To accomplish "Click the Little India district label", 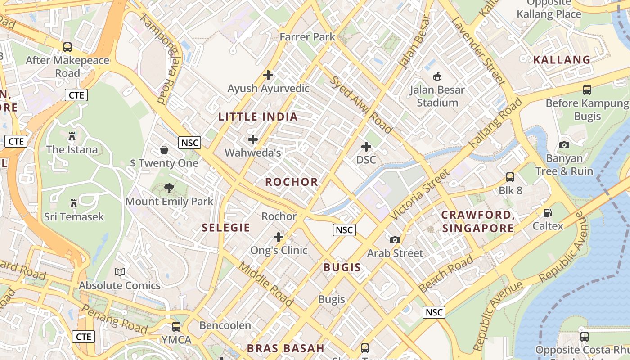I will coord(258,117).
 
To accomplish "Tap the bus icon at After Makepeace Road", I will coord(67,47).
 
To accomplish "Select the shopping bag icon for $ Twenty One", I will coord(164,149).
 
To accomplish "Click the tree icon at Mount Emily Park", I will coord(169,188).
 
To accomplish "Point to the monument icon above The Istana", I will coord(72,136).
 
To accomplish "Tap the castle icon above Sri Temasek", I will coord(74,203).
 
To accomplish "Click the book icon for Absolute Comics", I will coord(120,272).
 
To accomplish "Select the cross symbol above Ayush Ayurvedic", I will coord(268,75).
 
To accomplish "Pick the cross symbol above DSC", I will coord(366,146).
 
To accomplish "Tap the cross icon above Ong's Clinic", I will coord(279,237).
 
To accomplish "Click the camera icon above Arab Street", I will coord(395,240).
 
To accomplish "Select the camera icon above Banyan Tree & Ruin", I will coord(564,145).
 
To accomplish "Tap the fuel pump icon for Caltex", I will coord(548,212).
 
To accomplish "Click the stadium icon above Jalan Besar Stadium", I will coord(437,76).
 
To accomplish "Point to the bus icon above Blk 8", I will coord(510,177).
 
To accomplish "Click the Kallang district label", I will coord(562,60).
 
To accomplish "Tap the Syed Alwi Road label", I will coord(360,104).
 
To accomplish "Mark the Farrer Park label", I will coord(307,37).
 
